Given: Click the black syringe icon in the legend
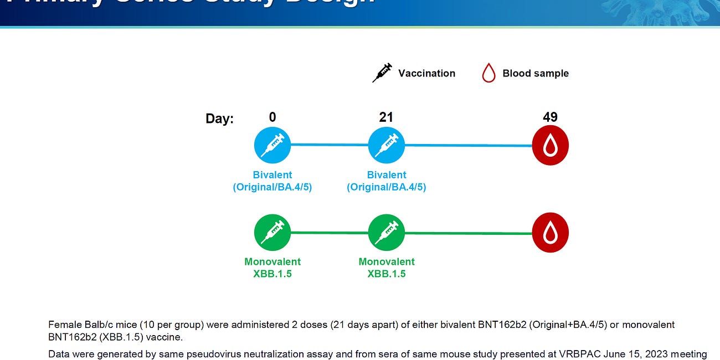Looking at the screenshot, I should (382, 73).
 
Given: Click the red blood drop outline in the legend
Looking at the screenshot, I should (488, 73).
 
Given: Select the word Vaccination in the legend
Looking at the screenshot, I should (426, 73).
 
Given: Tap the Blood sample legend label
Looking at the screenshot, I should (535, 73).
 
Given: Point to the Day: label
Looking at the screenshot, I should (219, 119).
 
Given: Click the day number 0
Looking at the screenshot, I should (272, 117).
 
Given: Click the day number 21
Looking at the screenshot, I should (386, 117).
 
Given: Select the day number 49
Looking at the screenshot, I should (550, 117).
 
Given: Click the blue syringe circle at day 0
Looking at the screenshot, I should (272, 145).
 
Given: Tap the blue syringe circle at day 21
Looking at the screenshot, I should (387, 145).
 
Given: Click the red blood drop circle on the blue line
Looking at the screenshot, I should (550, 145).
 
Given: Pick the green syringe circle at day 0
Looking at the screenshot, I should (272, 233).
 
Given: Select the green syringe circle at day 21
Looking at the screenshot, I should (387, 233).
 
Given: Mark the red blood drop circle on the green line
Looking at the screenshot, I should (550, 233).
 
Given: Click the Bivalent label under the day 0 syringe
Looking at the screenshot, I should (272, 175).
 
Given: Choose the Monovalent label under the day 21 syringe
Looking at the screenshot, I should (387, 261).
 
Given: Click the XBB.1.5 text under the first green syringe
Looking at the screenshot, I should (272, 274).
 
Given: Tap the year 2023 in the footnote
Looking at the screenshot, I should (633, 354).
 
